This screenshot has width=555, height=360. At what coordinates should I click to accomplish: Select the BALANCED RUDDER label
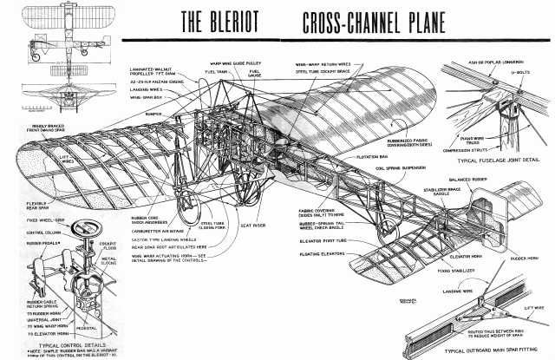coord(473,179)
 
